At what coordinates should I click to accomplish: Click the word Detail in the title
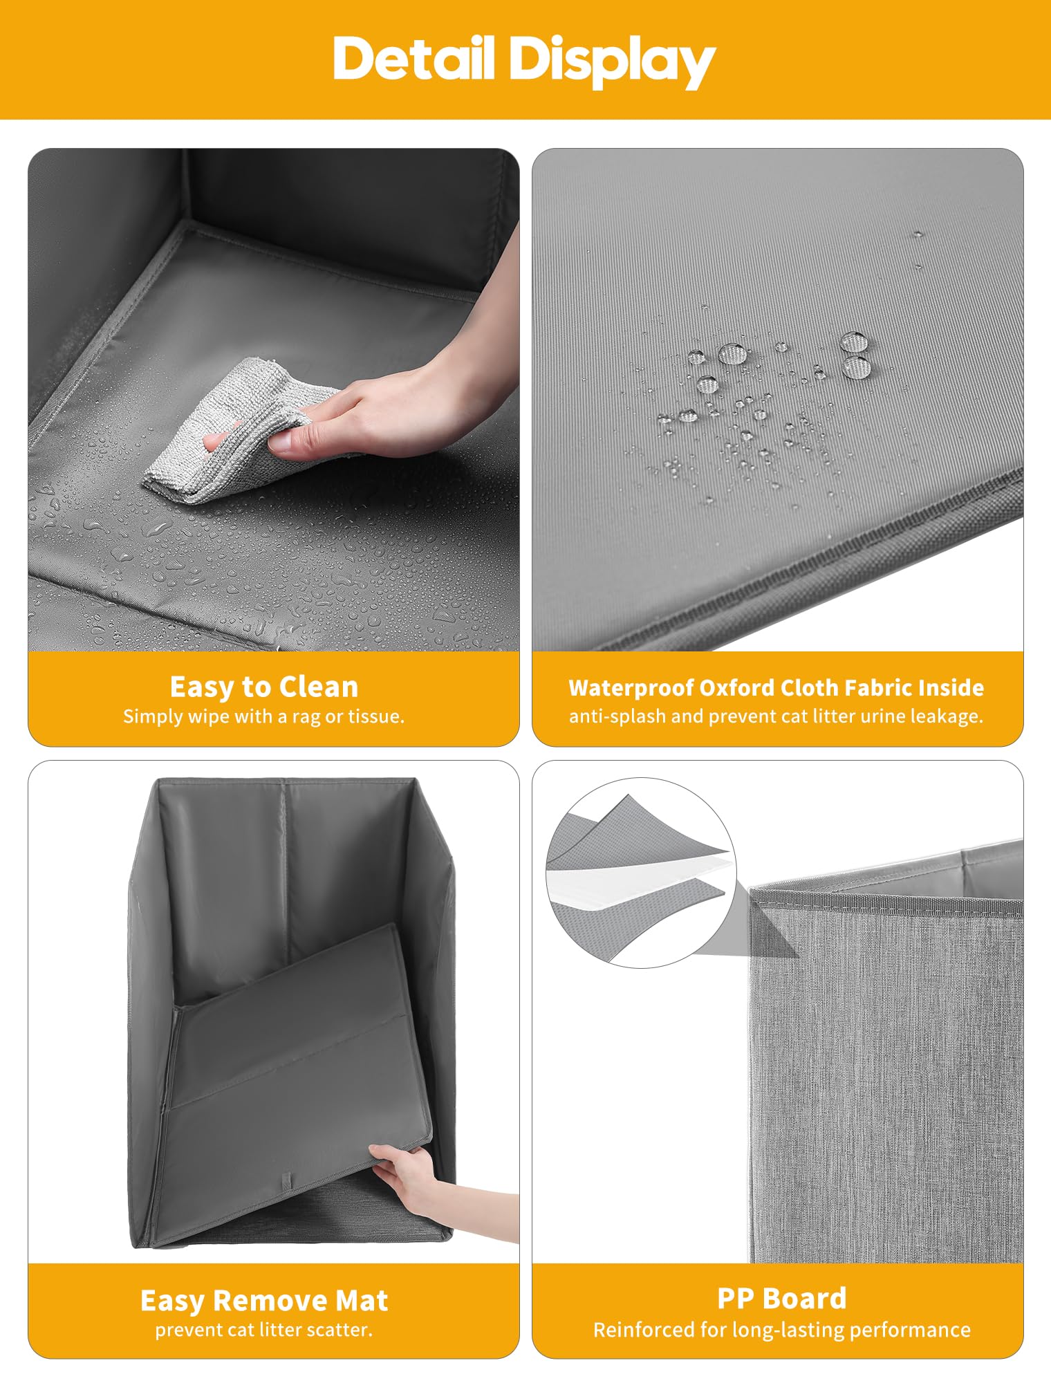(x=413, y=59)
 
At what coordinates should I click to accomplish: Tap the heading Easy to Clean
(x=264, y=687)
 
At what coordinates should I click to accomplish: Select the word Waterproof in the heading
(x=631, y=688)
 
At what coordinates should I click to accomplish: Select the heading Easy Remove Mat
(x=264, y=1301)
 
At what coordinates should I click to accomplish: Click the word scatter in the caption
(x=336, y=1330)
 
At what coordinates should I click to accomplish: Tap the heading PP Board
(x=781, y=1299)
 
